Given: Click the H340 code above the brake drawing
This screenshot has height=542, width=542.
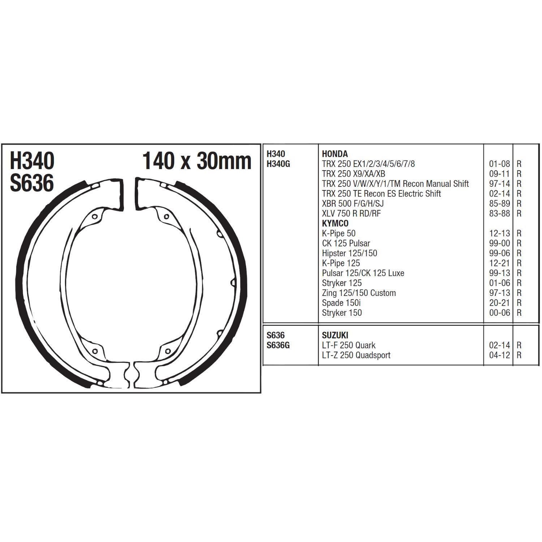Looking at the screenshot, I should pyautogui.click(x=32, y=161).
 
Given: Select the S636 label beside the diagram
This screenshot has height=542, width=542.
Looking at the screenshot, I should pyautogui.click(x=32, y=183).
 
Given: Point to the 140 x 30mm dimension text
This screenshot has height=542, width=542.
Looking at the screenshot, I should pyautogui.click(x=197, y=161).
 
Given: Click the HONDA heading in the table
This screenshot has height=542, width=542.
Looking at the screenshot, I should pyautogui.click(x=335, y=154).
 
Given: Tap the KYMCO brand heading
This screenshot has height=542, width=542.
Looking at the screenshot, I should pyautogui.click(x=335, y=223).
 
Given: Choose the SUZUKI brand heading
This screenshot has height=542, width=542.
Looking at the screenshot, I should pyautogui.click(x=335, y=335).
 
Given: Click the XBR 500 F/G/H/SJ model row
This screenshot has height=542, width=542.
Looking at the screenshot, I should pyautogui.click(x=353, y=203).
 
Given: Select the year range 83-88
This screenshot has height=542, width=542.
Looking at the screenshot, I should pyautogui.click(x=499, y=214).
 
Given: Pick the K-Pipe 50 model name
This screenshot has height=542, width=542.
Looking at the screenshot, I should pyautogui.click(x=339, y=233).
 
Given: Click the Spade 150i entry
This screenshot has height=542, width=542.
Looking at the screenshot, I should pyautogui.click(x=341, y=303).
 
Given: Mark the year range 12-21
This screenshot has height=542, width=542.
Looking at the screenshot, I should pyautogui.click(x=499, y=263).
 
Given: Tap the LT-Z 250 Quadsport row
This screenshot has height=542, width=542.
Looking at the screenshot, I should pyautogui.click(x=356, y=355).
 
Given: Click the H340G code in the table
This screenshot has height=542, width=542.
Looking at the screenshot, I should pyautogui.click(x=278, y=164).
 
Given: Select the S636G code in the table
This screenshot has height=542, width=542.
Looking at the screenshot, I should pyautogui.click(x=278, y=345).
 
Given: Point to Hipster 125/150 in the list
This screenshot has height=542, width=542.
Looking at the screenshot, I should pyautogui.click(x=349, y=253).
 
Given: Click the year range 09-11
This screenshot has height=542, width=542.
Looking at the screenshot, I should pyautogui.click(x=499, y=174).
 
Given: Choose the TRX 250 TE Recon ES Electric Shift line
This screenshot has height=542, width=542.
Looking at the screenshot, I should pyautogui.click(x=381, y=194).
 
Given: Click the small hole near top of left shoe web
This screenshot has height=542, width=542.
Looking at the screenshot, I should pyautogui.click(x=95, y=217).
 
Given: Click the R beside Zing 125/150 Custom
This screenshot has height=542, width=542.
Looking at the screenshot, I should pyautogui.click(x=519, y=293).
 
